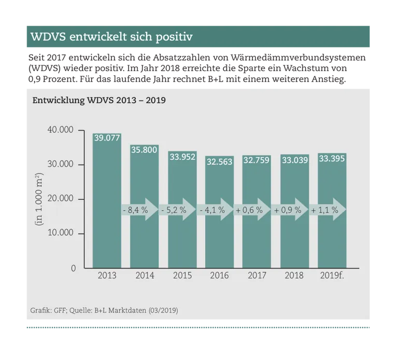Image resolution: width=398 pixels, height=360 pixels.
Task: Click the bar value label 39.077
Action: [107, 137]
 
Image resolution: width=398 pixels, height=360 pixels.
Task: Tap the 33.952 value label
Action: [182, 156]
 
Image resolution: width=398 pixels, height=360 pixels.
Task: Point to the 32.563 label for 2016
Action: [220, 161]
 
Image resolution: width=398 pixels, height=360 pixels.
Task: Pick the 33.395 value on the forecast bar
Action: [332, 158]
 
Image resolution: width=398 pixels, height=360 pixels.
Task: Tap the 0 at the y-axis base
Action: [73, 268]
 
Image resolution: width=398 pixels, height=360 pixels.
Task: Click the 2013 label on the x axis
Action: [107, 275]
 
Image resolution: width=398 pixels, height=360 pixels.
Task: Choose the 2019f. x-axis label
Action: [332, 275]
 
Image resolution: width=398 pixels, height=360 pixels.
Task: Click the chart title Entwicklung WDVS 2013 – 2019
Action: [99, 100]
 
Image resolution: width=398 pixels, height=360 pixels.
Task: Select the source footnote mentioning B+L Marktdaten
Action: [104, 310]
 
